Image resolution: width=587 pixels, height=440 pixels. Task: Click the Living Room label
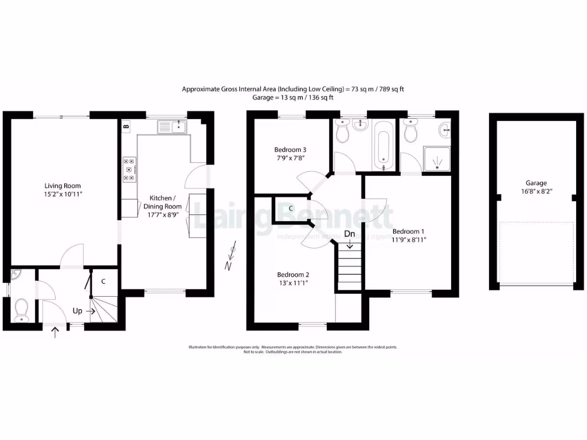coord(63,186)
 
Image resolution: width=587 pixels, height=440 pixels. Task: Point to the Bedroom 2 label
coord(293,274)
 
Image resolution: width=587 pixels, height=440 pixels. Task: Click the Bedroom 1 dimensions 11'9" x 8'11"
coord(409,239)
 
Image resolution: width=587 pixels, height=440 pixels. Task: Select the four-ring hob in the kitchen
coord(130,170)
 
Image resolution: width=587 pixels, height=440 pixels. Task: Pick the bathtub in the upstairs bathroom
coord(383,146)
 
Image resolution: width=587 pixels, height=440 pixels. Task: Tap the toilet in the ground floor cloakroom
coord(22,309)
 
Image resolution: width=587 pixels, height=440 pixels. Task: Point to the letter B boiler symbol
coord(126,125)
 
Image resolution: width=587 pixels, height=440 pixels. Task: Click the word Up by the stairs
coord(77,311)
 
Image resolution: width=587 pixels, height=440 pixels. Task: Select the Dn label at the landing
coord(349,234)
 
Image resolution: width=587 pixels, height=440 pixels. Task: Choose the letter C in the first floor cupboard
coord(291,209)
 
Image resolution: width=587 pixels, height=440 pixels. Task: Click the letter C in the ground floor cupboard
coord(103,281)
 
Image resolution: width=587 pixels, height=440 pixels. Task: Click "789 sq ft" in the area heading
coord(389,89)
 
